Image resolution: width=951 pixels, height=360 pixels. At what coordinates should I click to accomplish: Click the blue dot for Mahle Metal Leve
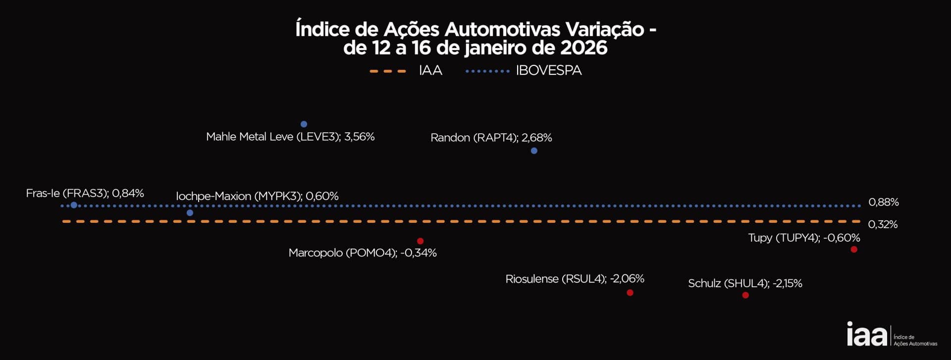(x=304, y=124)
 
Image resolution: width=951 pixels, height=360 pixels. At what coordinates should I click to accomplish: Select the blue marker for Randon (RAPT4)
(x=534, y=151)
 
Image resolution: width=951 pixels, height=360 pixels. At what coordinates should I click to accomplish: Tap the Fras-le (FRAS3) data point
(x=74, y=205)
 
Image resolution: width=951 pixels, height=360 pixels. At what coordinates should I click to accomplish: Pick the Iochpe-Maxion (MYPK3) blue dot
(x=190, y=213)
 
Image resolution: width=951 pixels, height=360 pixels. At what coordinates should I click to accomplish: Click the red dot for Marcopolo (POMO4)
(x=420, y=241)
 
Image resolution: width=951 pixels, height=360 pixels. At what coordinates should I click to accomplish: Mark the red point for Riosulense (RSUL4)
(x=630, y=293)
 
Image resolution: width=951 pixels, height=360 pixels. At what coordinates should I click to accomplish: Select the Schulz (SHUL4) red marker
(x=745, y=295)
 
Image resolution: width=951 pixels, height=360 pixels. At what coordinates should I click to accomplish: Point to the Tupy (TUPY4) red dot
(x=854, y=250)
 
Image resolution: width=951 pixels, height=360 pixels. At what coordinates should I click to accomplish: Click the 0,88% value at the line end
(x=883, y=202)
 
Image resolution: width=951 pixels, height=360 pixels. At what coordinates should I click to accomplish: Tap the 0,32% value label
(x=883, y=224)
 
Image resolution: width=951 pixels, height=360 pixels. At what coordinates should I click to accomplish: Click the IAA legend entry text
(x=430, y=71)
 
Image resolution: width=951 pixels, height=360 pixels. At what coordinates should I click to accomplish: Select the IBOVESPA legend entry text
(x=548, y=71)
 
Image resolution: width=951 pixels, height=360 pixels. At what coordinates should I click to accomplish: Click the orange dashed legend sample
(x=388, y=71)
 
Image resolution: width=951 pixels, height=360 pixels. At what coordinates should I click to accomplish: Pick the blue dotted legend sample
(x=487, y=71)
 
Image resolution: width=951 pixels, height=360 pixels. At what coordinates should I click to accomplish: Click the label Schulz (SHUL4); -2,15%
(x=745, y=284)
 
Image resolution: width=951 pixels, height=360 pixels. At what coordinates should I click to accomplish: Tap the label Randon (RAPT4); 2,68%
(x=491, y=138)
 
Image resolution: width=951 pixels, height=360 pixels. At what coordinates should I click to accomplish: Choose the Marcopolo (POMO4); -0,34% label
(x=362, y=253)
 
